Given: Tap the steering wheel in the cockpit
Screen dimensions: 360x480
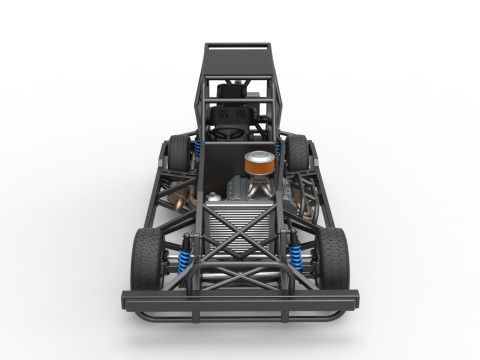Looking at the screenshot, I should (229, 129).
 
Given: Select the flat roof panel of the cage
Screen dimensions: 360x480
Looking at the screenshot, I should (238, 47).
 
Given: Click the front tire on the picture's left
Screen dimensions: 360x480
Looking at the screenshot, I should (146, 258).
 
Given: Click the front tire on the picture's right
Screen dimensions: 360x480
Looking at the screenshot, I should (334, 257).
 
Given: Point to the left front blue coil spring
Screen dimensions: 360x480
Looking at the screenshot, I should (184, 258).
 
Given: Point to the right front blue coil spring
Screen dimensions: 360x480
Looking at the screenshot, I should (297, 258).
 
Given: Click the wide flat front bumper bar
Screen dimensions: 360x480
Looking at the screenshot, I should (240, 298).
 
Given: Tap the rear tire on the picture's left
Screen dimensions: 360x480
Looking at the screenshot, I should (178, 152).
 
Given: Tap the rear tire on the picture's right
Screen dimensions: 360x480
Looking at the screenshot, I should (297, 151).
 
